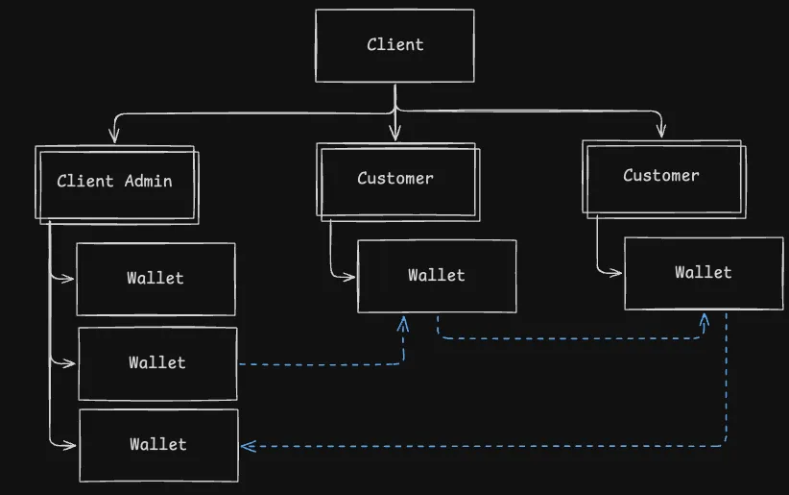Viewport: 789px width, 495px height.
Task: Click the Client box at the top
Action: pos(394,45)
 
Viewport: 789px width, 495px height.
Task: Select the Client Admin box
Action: pos(115,182)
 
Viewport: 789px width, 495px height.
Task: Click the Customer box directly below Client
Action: pos(396,179)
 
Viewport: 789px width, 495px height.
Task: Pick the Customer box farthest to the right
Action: pos(661,176)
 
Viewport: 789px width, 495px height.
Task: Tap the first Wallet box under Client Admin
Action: pos(155,279)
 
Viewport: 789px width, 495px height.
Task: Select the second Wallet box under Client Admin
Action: pos(157,363)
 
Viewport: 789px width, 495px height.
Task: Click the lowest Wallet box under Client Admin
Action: pos(158,445)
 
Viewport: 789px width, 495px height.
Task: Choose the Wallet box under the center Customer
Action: pos(437,276)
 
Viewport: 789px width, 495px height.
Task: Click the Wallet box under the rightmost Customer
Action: pos(704,273)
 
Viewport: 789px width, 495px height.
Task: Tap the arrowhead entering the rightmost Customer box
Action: pos(661,130)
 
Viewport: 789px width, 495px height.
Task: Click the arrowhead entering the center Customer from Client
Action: pos(394,133)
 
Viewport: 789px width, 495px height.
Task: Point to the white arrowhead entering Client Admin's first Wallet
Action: pos(68,279)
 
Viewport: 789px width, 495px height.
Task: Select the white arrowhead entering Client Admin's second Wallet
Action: pos(69,363)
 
